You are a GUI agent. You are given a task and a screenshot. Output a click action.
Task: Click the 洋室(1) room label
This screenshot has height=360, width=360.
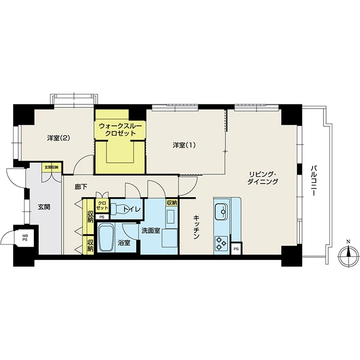pyautogui.click(x=184, y=146)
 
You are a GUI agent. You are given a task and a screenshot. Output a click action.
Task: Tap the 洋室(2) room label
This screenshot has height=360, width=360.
pyautogui.click(x=58, y=138)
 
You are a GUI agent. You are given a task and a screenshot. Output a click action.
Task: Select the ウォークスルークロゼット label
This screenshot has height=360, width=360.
pyautogui.click(x=121, y=130)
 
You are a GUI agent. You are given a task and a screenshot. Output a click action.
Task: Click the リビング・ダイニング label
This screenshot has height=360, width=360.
pyautogui.click(x=262, y=178)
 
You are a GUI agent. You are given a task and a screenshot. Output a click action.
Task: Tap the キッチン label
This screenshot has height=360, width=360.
pyautogui.click(x=196, y=227)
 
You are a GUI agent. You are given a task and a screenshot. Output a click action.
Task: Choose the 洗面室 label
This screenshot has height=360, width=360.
pyautogui.click(x=151, y=231)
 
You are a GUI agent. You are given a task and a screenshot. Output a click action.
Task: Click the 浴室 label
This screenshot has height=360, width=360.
pyautogui.click(x=124, y=243)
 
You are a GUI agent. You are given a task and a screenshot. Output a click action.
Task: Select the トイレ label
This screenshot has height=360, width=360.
pyautogui.click(x=131, y=209)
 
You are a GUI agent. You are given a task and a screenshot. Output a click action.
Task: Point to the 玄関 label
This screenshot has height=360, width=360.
pyautogui.click(x=44, y=207)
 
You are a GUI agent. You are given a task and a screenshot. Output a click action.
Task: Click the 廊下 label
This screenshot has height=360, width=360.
pyautogui.click(x=81, y=187)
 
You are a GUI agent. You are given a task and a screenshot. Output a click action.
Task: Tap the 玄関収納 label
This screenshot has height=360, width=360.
pyautogui.click(x=52, y=167)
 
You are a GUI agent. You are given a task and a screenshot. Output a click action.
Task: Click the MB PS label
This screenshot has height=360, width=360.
pyautogui.click(x=25, y=237)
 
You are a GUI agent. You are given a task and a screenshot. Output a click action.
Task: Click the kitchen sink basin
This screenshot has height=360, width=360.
pyautogui.click(x=221, y=211)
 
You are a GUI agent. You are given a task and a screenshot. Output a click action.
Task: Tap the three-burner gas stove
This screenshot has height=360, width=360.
pyautogui.click(x=221, y=243)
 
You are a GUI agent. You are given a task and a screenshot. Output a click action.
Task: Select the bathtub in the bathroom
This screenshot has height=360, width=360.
pyautogui.click(x=106, y=238)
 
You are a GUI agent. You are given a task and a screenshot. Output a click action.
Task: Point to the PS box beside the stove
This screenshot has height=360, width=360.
pyautogui.click(x=236, y=249)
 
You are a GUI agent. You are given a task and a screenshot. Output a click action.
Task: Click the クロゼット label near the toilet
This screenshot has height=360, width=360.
pyautogui.click(x=102, y=206)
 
